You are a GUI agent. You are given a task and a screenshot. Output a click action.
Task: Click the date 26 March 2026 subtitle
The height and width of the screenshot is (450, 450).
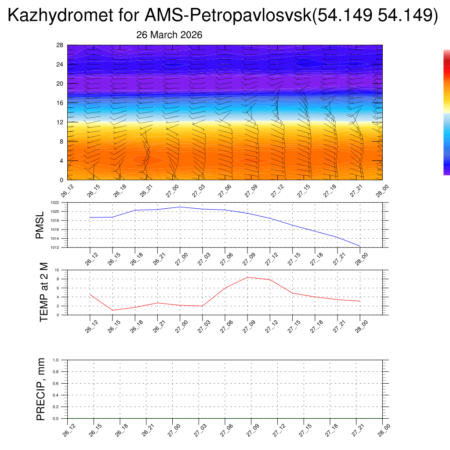point(169,35)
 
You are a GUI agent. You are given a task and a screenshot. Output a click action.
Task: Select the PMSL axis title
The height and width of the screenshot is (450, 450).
point(40,225)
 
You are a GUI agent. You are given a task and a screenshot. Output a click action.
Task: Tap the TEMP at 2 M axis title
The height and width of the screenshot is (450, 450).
point(44,292)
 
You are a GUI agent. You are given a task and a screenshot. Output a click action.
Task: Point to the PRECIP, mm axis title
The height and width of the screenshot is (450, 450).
point(41,389)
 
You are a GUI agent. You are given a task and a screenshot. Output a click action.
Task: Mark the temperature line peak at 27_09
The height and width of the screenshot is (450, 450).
point(247,277)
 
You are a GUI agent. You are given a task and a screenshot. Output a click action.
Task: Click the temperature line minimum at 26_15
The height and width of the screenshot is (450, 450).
point(112,310)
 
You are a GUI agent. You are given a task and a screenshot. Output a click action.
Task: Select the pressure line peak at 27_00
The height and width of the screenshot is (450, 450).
point(180,207)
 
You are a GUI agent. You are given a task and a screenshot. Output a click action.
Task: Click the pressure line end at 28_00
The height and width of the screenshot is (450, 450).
point(360,246)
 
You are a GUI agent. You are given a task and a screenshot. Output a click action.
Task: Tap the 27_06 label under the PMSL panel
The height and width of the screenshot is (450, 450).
point(224,259)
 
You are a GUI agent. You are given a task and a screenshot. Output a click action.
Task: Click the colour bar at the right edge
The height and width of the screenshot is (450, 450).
point(446,112)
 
